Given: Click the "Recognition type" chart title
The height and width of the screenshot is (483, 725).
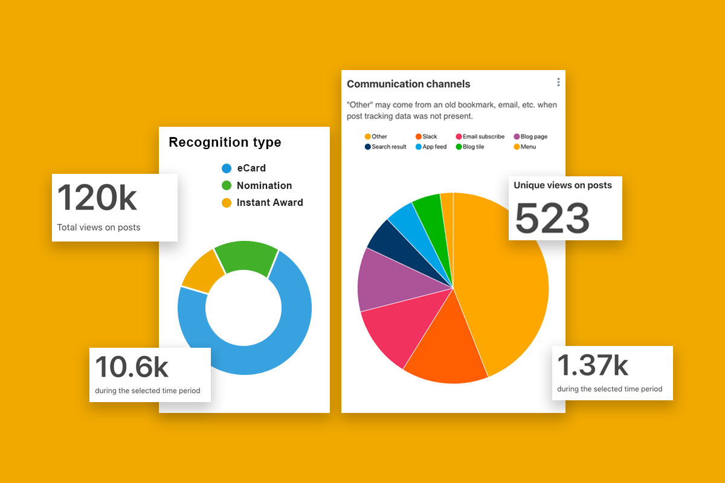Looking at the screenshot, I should (225, 142).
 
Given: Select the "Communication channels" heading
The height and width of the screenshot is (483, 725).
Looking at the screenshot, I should (408, 84).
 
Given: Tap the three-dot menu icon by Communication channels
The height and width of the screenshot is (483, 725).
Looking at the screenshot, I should (558, 82).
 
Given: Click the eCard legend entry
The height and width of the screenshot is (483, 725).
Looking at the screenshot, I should (245, 168).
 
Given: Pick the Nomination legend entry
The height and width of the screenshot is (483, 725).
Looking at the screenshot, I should (257, 185).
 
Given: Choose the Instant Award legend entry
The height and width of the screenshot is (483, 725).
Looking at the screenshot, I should (263, 203).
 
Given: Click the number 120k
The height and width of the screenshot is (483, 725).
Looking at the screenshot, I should (97, 198).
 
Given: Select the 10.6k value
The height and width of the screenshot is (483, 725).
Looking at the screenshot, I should (132, 367).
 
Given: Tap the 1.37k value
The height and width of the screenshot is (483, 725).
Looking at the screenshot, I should (592, 365).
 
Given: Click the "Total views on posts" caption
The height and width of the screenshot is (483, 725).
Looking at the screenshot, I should (98, 228).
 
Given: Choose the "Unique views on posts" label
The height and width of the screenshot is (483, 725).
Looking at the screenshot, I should (562, 185).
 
